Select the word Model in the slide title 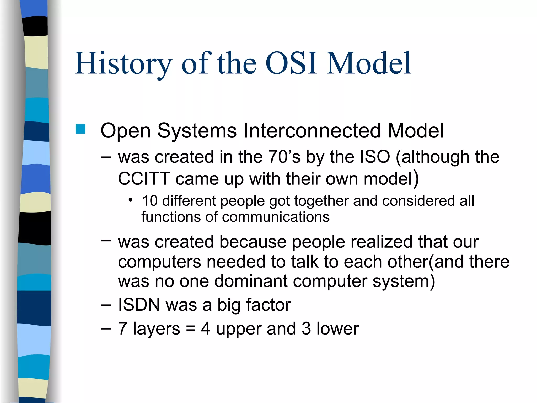369,64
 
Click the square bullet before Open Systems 80,129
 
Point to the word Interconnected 312,130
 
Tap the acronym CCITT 144,179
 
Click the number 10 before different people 150,201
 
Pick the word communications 276,217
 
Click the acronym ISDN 139,305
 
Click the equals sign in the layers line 191,329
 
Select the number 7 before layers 122,329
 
